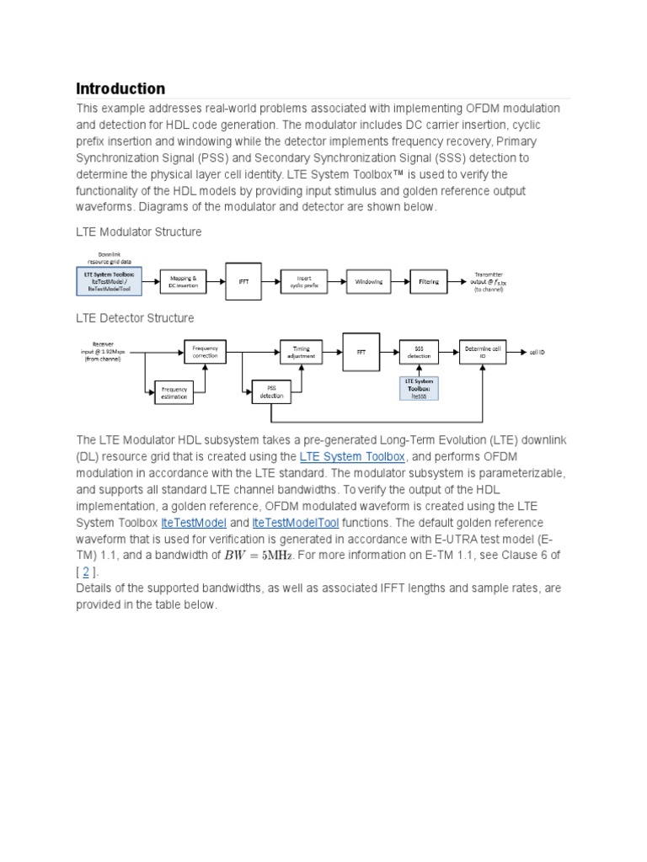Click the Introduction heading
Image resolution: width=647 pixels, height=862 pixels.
coord(120,88)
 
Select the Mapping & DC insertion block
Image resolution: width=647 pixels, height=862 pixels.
coord(183,282)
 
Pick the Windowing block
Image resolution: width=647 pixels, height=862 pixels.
coord(369,282)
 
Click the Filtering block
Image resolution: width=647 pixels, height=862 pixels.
coord(429,282)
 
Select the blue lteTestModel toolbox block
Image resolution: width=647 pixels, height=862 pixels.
coord(109,281)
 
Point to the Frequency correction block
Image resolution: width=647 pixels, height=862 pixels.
coord(205,351)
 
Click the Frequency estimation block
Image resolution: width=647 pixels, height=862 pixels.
coord(174,392)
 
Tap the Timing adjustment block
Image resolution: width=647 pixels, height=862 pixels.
coord(302,351)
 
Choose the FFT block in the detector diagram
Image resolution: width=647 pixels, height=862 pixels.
coord(361,351)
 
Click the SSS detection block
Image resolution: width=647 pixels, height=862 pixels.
coord(419,351)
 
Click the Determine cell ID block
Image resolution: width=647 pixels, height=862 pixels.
coord(483,351)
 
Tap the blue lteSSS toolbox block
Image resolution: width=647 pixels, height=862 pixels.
coord(419,390)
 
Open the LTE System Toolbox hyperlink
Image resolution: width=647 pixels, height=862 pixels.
coord(353,457)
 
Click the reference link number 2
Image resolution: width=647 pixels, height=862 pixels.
coord(86,571)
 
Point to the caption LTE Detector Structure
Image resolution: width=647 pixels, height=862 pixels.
coord(135,318)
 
